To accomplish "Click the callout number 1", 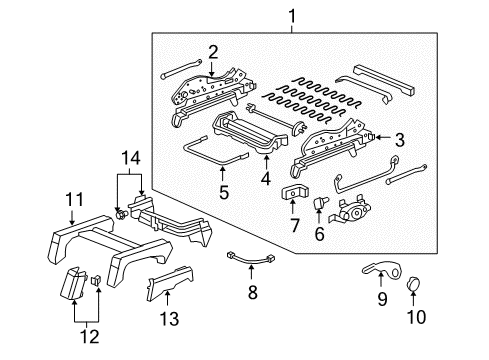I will tap(293, 16).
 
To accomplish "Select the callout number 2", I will tap(212, 52).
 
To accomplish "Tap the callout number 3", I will tap(399, 140).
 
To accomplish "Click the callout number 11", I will tap(72, 201).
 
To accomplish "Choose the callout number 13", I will tap(166, 319).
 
